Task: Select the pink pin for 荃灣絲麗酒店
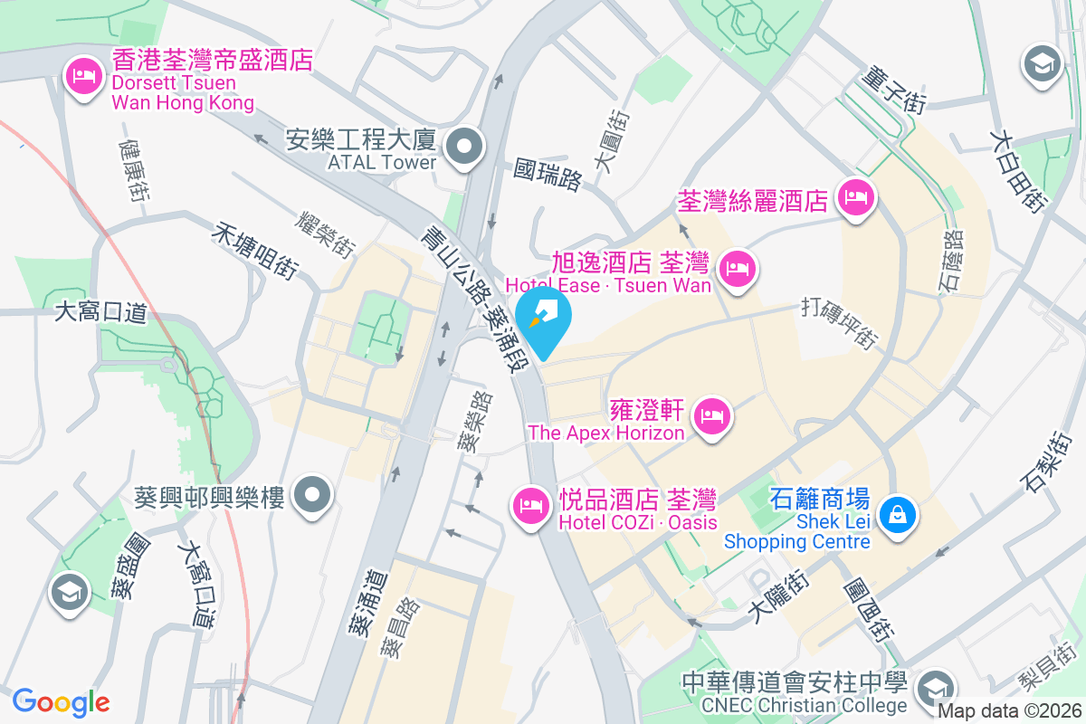tap(855, 197)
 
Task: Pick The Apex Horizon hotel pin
tap(712, 416)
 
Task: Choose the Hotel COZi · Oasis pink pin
tap(530, 506)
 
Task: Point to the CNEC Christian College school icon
tap(936, 688)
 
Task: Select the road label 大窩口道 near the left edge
tap(100, 313)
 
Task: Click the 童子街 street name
tap(896, 89)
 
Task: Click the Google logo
tap(61, 701)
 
